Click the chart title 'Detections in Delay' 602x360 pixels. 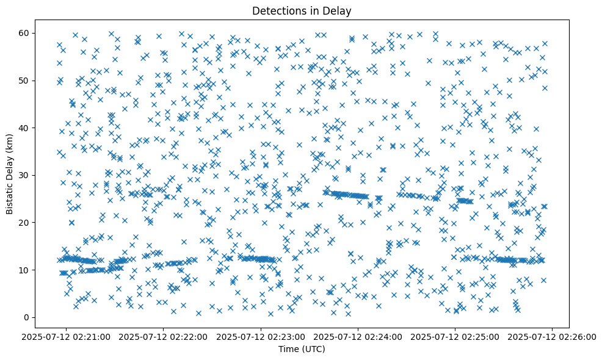302,10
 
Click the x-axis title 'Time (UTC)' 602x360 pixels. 302,349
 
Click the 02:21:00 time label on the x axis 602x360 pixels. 67,336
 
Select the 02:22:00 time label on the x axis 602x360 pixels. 164,336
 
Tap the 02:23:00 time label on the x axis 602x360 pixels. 261,336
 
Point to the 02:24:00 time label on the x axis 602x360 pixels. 358,336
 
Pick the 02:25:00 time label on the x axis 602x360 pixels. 455,336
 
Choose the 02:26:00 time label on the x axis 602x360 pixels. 552,336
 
